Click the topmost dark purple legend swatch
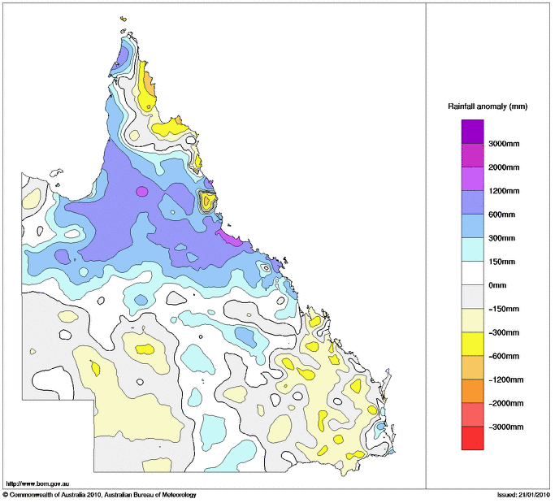[472, 131]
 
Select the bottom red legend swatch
[472, 439]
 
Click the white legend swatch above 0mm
[472, 273]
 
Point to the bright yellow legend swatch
[472, 344]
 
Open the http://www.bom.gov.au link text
[37, 483]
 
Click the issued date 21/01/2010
[533, 494]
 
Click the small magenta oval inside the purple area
[142, 192]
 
